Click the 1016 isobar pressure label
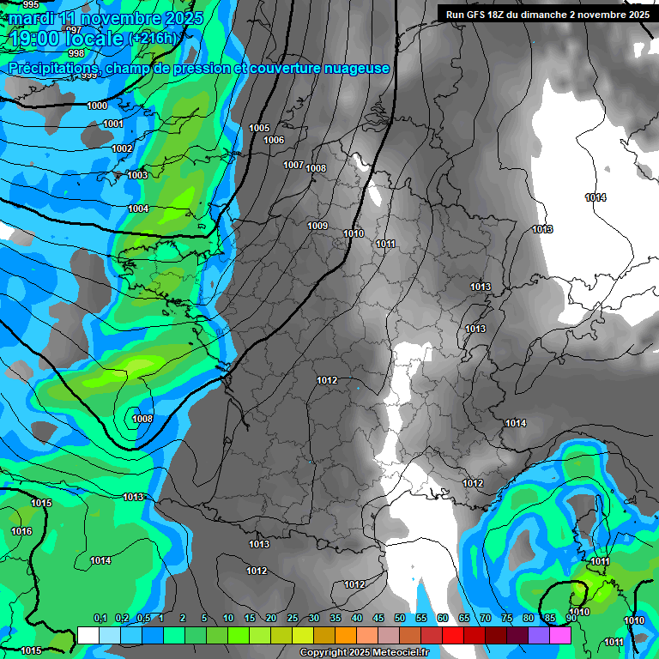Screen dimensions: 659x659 (21, 531)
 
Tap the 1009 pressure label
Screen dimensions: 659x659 (317, 226)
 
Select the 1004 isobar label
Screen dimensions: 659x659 (138, 209)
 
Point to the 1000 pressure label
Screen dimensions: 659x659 (97, 106)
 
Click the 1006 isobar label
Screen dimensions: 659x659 (274, 140)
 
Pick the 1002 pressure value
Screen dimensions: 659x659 (122, 148)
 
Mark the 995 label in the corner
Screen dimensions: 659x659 (31, 5)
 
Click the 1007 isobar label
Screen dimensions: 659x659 (293, 165)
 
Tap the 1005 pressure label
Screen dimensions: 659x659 (259, 128)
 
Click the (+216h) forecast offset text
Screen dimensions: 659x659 (152, 39)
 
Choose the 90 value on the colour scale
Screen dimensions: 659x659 (571, 618)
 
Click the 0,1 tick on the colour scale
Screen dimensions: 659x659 (100, 618)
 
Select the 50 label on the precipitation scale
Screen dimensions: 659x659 (400, 618)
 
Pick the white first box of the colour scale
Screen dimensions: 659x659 (88, 634)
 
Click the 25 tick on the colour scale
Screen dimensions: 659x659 (293, 618)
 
